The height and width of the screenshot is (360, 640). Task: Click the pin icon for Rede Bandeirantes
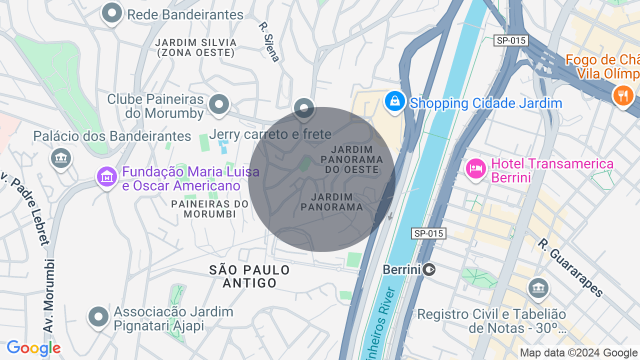click(x=112, y=13)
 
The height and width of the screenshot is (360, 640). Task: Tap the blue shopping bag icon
click(x=395, y=101)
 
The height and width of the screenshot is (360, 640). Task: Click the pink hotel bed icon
click(x=475, y=168)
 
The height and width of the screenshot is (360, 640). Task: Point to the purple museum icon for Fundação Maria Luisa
click(x=107, y=176)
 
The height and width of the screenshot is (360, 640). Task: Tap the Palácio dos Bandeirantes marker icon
click(x=61, y=158)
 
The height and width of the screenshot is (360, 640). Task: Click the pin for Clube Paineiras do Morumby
click(x=218, y=104)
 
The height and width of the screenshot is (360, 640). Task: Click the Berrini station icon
click(x=429, y=270)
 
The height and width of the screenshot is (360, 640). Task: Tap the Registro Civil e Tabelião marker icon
click(x=538, y=288)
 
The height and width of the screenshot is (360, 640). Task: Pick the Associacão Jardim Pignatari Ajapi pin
click(x=98, y=316)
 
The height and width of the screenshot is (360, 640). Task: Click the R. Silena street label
click(x=269, y=42)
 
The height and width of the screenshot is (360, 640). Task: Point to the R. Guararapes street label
click(x=570, y=267)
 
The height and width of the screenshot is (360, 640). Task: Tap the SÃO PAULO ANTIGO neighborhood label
click(x=249, y=276)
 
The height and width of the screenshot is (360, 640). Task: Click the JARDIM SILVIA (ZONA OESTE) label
click(x=194, y=47)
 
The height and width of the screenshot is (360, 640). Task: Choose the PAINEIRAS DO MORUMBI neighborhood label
click(x=209, y=209)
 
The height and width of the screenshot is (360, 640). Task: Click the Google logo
click(x=33, y=348)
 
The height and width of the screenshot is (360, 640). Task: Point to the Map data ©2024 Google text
click(x=578, y=352)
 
